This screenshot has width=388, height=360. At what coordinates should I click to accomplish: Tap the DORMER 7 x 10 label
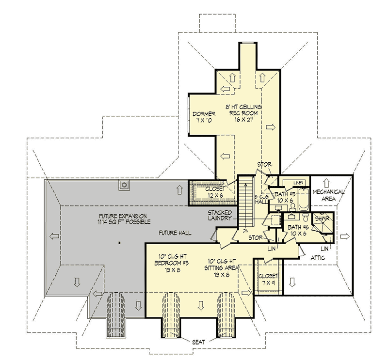(200, 116)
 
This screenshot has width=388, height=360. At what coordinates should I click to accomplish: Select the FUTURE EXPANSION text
(123, 219)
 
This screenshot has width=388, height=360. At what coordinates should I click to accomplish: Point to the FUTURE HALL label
(175, 233)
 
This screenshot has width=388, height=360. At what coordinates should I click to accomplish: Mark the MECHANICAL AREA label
(328, 195)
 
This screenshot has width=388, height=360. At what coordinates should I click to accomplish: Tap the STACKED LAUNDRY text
(220, 216)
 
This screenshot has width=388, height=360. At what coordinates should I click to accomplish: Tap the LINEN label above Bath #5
(298, 182)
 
